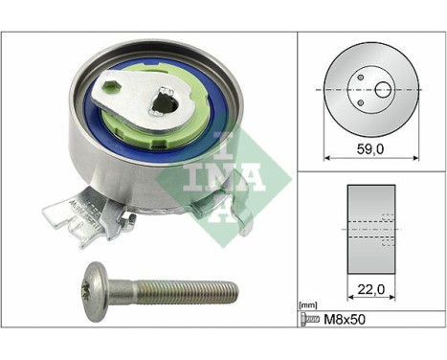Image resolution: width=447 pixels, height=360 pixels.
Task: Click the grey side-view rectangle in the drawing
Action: [370, 229]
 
